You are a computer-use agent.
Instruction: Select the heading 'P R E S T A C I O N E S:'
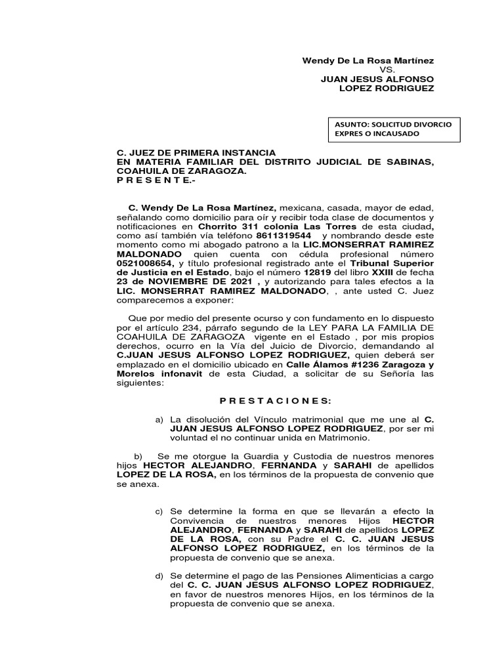click(275, 401)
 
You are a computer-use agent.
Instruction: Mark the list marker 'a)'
click(158, 419)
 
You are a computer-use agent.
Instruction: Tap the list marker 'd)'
click(159, 576)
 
